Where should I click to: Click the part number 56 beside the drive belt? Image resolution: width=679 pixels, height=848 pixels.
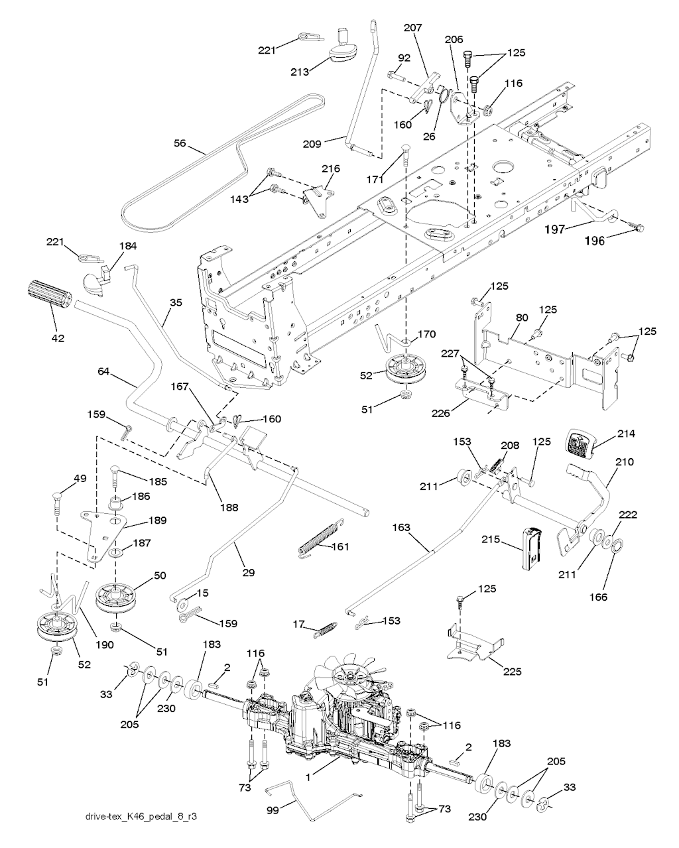pos(180,143)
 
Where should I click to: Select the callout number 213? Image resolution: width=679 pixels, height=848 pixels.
pos(300,72)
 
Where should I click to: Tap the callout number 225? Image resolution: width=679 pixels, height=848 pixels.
pos(512,671)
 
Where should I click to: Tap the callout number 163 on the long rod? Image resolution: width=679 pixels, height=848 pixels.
pos(402,527)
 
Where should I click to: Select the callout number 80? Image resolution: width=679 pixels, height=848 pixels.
pos(522,318)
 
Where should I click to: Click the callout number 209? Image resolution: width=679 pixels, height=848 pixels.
pos(312,145)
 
